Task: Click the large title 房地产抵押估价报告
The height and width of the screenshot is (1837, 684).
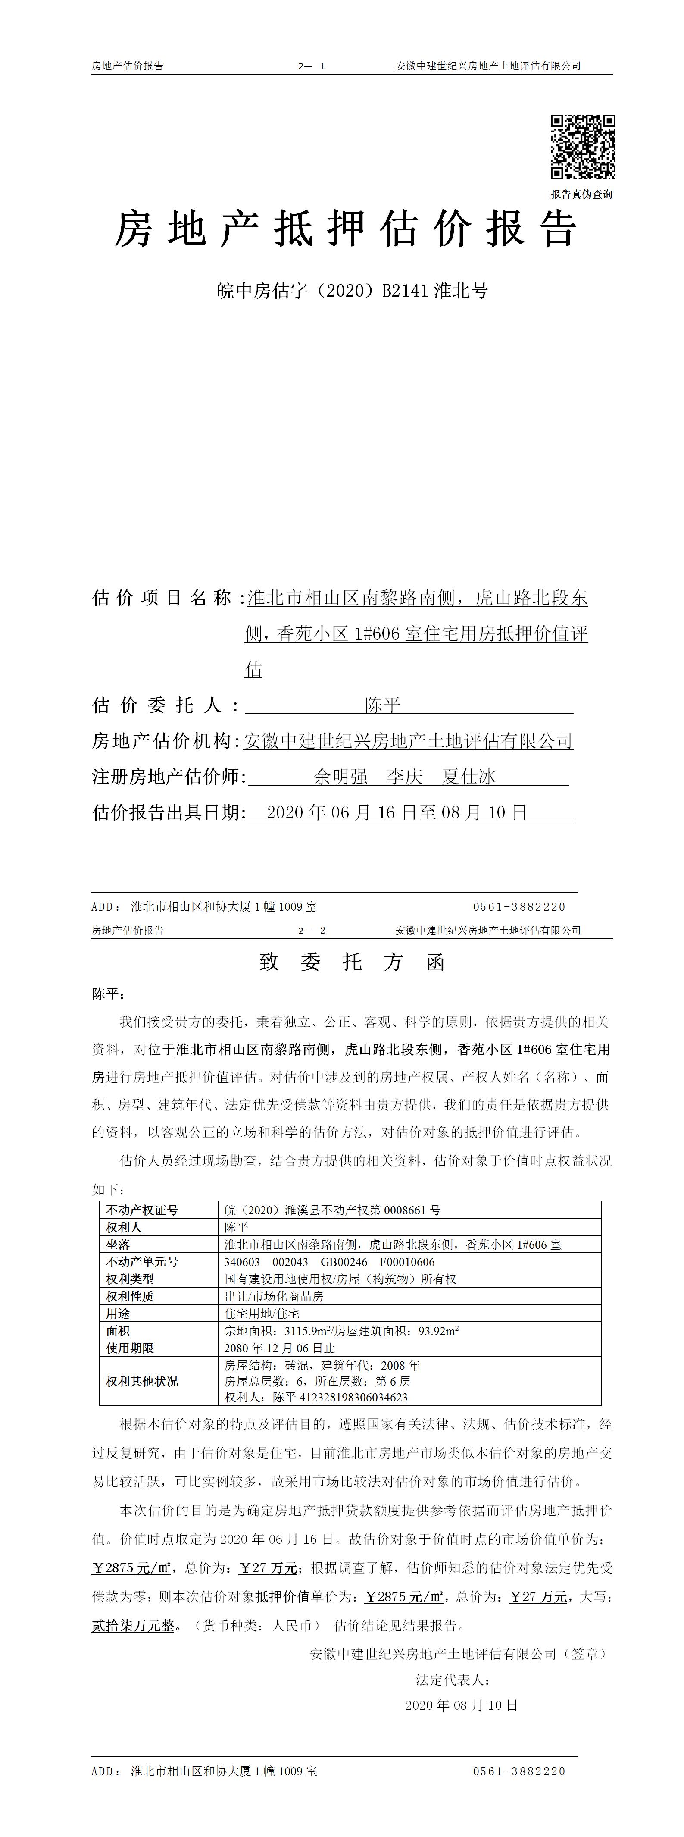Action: point(346,229)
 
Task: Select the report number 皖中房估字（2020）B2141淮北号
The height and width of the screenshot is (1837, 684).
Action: point(352,291)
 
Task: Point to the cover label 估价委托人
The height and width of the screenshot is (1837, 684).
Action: point(166,705)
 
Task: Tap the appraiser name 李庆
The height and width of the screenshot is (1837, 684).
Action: point(405,777)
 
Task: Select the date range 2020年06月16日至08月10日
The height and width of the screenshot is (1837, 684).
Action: point(397,812)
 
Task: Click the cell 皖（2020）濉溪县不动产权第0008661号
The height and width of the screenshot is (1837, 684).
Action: point(332,1210)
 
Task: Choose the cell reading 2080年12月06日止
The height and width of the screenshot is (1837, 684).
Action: point(279,1348)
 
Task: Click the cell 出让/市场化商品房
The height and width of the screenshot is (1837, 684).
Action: point(274,1296)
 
